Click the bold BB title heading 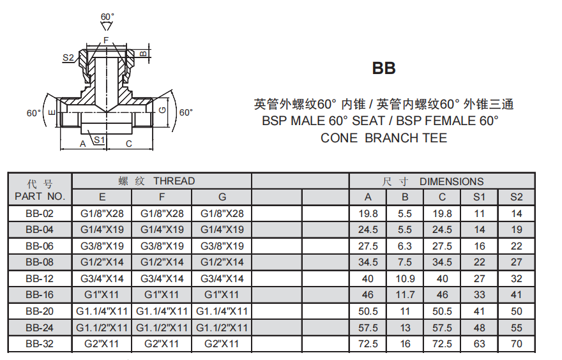click(384, 68)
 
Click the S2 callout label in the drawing click(68, 57)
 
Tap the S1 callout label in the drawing click(99, 140)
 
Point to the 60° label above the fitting click(107, 17)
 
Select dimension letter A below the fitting click(83, 144)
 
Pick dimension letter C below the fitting click(129, 144)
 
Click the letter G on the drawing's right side click(162, 110)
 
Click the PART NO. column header click(40, 197)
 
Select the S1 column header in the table click(479, 197)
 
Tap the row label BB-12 click(40, 278)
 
